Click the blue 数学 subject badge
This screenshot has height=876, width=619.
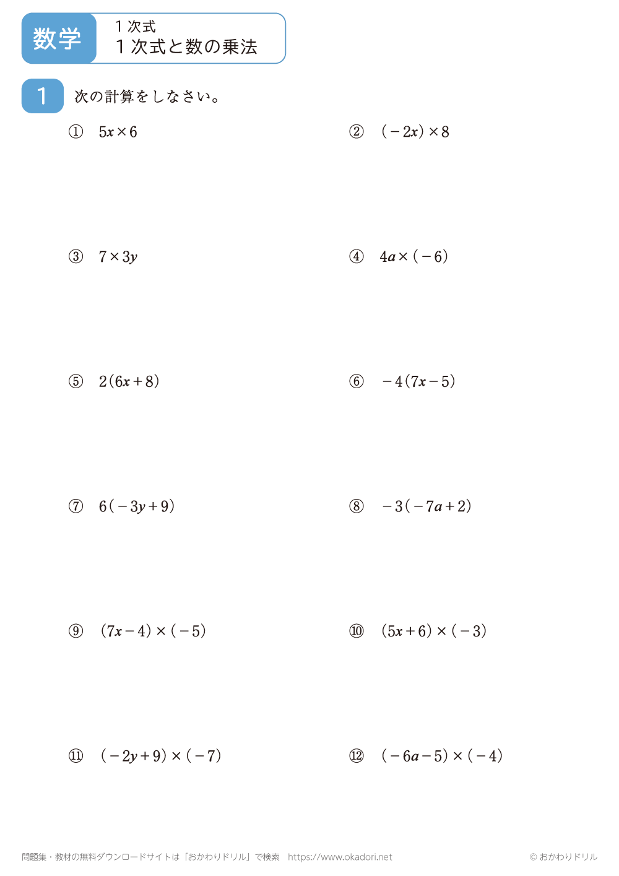(x=58, y=38)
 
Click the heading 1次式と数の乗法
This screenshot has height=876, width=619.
(x=186, y=46)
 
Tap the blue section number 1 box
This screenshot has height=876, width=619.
(x=42, y=96)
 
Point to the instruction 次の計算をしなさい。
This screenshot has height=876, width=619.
(x=147, y=97)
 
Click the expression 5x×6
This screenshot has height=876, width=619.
(x=118, y=132)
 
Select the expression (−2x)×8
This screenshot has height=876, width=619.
(x=415, y=132)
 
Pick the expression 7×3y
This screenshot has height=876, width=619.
(x=118, y=257)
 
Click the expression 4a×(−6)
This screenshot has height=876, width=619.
(x=413, y=257)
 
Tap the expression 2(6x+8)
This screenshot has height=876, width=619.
(x=129, y=381)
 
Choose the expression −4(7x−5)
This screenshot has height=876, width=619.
(x=418, y=381)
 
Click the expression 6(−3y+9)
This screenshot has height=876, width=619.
(x=136, y=506)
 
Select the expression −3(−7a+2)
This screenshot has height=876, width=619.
(x=426, y=506)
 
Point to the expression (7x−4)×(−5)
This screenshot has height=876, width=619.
(x=152, y=631)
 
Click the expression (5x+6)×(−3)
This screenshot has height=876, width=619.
(x=433, y=631)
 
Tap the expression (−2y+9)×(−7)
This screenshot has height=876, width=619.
(x=160, y=756)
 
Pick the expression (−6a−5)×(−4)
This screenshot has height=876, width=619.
(x=441, y=756)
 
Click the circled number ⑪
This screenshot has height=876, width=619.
(x=76, y=756)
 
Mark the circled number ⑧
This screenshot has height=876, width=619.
(x=357, y=506)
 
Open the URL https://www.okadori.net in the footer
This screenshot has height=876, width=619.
(x=340, y=857)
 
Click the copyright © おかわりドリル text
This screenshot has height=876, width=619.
(x=563, y=857)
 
